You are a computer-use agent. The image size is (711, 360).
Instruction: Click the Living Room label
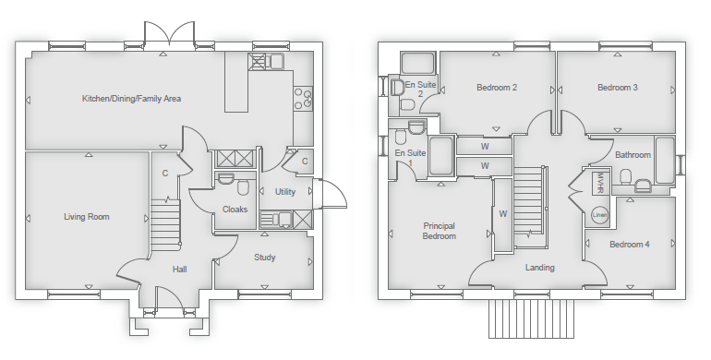(87, 217)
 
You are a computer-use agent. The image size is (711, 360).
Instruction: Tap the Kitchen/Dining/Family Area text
(131, 99)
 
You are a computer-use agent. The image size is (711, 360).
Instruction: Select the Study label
(265, 258)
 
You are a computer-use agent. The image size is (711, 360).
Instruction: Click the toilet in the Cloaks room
(243, 187)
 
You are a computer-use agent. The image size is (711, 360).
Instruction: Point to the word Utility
(285, 192)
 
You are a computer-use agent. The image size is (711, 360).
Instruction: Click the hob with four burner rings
(303, 99)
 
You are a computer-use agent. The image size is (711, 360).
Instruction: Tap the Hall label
(179, 270)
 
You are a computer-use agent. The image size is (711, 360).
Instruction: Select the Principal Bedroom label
(440, 231)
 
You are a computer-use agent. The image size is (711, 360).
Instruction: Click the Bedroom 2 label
(497, 87)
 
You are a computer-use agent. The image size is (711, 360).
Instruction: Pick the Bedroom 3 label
(618, 87)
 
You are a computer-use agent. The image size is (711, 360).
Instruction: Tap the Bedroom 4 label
(630, 245)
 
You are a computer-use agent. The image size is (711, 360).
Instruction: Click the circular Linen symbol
(599, 215)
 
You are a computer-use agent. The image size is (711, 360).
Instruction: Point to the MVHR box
(601, 182)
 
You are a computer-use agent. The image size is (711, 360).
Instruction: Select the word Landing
(539, 268)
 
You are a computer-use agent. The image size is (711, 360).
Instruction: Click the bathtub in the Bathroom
(665, 161)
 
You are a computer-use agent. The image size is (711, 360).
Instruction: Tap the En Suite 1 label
(410, 158)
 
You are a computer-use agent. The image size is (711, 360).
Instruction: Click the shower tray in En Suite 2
(417, 63)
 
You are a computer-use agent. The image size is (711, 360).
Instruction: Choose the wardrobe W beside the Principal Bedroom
(502, 214)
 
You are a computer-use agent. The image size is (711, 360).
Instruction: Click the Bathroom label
(633, 155)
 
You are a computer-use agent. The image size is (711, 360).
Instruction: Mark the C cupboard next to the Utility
(305, 161)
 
